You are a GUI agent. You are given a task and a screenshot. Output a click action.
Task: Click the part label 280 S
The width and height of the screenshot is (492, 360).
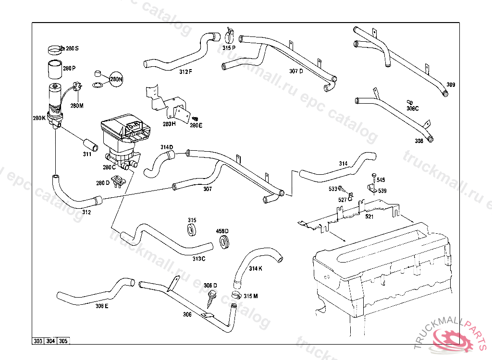[x=72, y=48]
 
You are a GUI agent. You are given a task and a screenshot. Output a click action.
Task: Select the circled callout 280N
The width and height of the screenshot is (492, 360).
[x=116, y=79]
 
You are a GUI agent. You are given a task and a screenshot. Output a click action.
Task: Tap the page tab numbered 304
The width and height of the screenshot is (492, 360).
[x=50, y=341]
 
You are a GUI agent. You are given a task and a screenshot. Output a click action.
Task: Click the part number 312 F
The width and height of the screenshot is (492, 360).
[x=185, y=72]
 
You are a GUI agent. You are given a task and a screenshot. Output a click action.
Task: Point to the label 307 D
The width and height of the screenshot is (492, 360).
[x=296, y=71]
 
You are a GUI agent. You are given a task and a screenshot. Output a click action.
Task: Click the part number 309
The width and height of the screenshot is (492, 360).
[x=450, y=85]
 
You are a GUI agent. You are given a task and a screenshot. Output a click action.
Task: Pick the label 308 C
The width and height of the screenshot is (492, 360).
[x=412, y=108]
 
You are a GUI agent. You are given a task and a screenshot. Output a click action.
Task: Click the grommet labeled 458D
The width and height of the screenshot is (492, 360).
[x=224, y=241]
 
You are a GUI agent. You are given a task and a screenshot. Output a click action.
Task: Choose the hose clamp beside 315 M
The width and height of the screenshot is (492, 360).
[x=236, y=294]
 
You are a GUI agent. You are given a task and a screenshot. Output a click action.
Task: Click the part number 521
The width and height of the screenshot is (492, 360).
[x=369, y=217]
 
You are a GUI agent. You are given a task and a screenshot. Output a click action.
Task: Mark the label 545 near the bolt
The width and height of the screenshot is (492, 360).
[x=381, y=180]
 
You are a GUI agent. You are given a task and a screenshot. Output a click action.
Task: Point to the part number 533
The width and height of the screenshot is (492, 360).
[x=333, y=189]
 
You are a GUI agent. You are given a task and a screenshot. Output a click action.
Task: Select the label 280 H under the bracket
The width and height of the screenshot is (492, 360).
[x=169, y=124]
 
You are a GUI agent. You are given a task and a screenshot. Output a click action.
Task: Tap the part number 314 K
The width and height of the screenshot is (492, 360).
[x=256, y=268]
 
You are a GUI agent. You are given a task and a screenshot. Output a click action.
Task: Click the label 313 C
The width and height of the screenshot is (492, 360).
[x=199, y=259]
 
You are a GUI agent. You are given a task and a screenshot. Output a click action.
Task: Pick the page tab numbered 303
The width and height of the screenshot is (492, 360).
[x=38, y=341]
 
